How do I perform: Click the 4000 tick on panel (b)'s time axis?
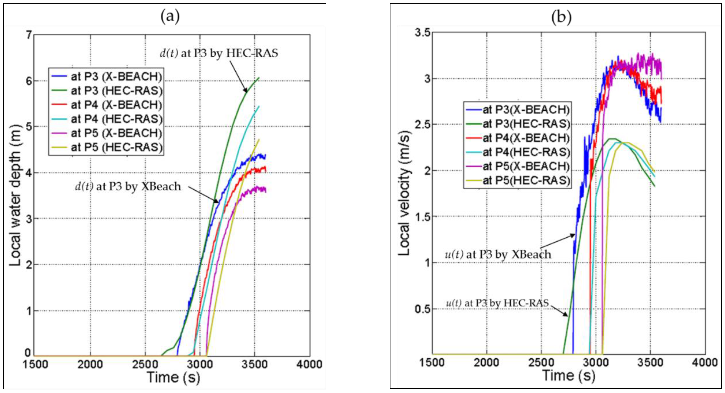pos(705,362)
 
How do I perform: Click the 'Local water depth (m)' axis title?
pos(15,195)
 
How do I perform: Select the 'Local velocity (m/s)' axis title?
pos(404,193)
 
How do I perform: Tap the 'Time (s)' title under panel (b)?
pos(568,376)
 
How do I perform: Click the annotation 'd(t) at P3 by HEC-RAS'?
pos(219,53)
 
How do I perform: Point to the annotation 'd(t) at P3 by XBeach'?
pos(128,186)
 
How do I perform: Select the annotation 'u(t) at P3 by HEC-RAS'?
pos(497,303)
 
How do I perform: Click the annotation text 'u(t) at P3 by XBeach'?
pos(498,254)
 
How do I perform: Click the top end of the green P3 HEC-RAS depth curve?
pos(259,78)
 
